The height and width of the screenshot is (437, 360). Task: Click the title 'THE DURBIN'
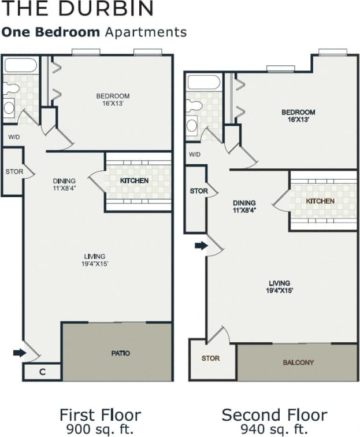pos(77,9)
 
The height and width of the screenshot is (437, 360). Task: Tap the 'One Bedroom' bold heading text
pos(51,32)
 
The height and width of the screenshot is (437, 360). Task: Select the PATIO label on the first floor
pos(120,353)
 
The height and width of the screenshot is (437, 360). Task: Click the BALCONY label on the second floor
pos(298,362)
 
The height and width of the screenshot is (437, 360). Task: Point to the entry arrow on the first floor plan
pos(20,353)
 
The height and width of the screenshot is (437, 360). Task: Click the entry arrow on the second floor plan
pos(201,246)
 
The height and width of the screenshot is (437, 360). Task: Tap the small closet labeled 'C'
pos(42,372)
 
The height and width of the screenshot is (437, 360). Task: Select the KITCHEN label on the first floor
pos(134,181)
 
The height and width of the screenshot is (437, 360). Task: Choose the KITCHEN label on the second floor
pos(320,201)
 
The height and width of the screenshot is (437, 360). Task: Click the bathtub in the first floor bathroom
pos(20,65)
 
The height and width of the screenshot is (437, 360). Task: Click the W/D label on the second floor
pos(195,155)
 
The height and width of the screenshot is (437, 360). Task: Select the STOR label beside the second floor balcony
pos(210,358)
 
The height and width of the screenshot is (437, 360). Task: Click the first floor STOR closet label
pos(14,172)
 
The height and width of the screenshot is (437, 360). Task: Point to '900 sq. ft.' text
pos(99,428)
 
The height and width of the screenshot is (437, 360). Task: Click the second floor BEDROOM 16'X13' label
pos(298,116)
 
